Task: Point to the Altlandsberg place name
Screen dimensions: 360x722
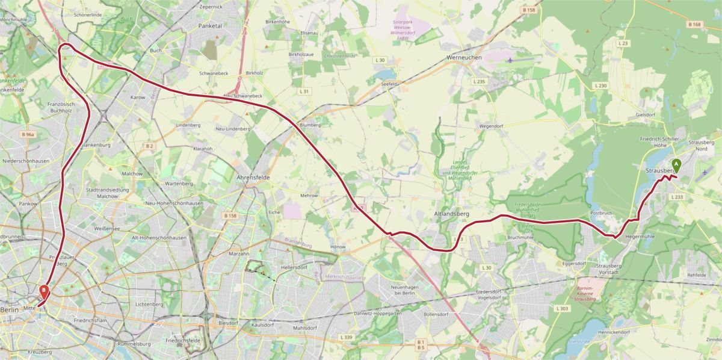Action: point(451,214)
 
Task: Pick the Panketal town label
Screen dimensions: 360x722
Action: point(211,26)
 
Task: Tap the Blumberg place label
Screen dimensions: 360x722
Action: point(310,125)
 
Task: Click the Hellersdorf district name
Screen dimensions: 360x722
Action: point(295,267)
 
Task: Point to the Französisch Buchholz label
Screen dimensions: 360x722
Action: point(60,108)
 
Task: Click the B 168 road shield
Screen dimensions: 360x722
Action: point(694,24)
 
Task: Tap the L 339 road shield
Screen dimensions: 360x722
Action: point(346,337)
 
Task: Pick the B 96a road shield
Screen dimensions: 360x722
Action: point(27,134)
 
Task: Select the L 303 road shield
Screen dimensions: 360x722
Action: point(563,308)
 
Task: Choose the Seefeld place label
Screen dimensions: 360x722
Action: point(390,84)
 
